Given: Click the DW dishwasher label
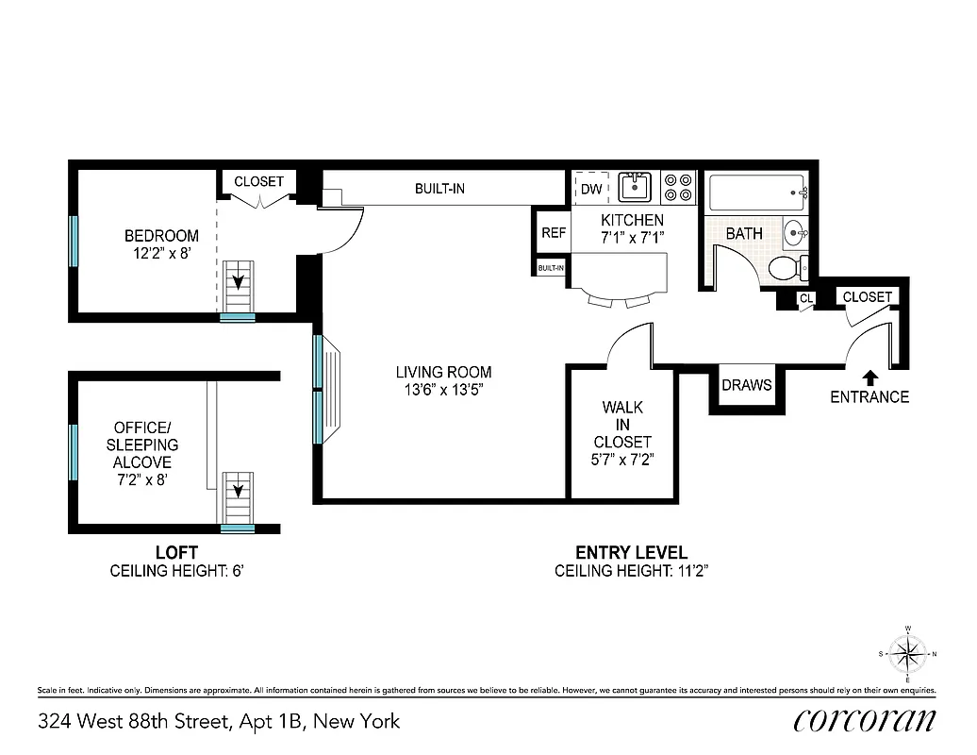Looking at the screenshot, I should [x=591, y=189].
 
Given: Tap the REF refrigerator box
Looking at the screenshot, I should [x=554, y=232].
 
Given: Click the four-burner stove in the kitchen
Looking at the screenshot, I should [x=677, y=188].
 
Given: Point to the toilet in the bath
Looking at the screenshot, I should [x=787, y=268].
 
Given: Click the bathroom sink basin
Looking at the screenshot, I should [x=794, y=231].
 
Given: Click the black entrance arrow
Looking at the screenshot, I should [x=869, y=377].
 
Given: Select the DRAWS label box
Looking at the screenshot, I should [x=747, y=385].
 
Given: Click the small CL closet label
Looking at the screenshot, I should [x=805, y=299].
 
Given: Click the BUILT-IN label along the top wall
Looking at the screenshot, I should [x=439, y=189].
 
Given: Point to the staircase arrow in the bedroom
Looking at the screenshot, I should [x=239, y=280].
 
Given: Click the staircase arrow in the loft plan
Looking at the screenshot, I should [x=239, y=491].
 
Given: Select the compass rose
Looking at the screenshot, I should [x=907, y=653].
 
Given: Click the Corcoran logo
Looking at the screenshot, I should [x=864, y=720].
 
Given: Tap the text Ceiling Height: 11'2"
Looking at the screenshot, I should [x=631, y=571].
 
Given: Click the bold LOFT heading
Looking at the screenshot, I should [x=176, y=553].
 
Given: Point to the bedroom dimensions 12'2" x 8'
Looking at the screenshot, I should [x=162, y=253].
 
